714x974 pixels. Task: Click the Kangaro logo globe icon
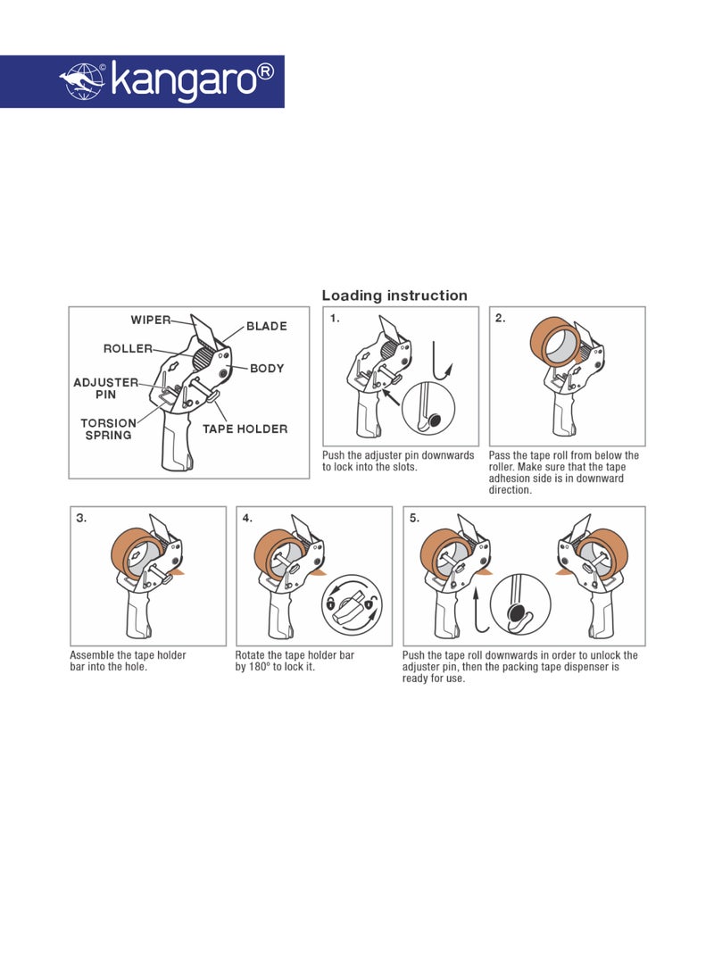[82, 81]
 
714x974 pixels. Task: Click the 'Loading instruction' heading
[394, 296]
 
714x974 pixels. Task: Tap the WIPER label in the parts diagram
[151, 320]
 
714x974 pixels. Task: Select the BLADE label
[266, 326]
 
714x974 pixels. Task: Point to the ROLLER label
[128, 348]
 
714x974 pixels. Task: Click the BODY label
[267, 368]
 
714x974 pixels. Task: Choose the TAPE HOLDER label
[245, 429]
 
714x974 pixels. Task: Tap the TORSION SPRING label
[108, 429]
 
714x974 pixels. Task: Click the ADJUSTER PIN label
[105, 387]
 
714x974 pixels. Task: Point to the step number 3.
[81, 518]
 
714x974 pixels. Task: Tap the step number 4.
[247, 518]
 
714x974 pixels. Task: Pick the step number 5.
[414, 518]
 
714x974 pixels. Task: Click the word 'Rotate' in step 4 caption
[252, 655]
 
